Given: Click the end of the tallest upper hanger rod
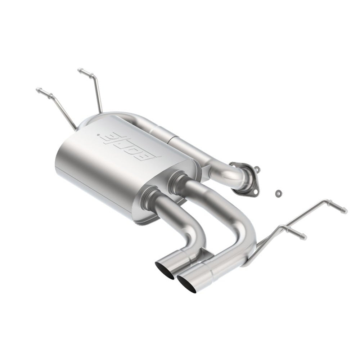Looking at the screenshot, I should (80, 69).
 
